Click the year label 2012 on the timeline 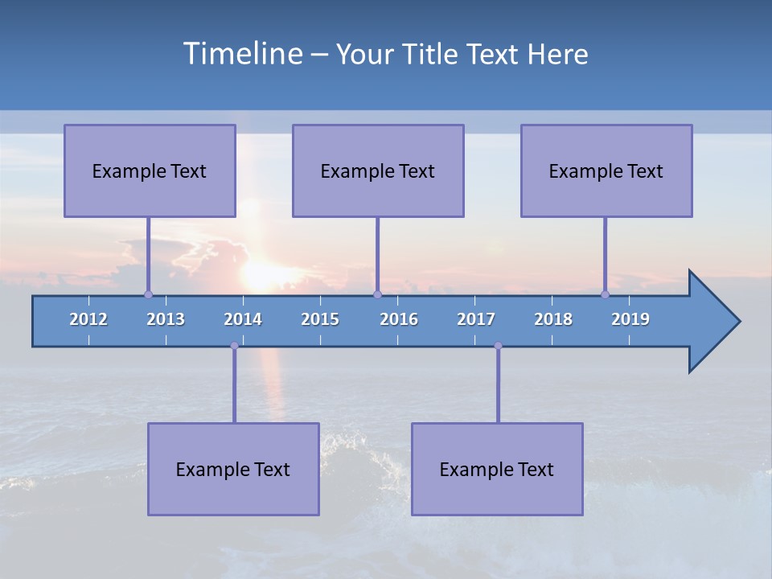click(x=88, y=319)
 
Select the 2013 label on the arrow click(x=166, y=319)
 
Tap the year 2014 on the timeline click(x=243, y=319)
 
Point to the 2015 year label click(x=320, y=319)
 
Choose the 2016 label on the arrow click(x=399, y=319)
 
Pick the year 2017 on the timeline click(x=476, y=319)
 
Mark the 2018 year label click(x=553, y=319)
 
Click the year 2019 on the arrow click(x=630, y=319)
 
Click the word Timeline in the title click(x=242, y=54)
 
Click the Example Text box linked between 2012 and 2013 click(x=150, y=170)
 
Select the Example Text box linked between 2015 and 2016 click(x=378, y=170)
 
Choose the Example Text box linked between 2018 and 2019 click(x=606, y=170)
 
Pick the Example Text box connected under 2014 click(x=233, y=469)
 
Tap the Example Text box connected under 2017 click(x=497, y=469)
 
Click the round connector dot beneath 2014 click(x=234, y=346)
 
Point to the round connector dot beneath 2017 click(x=498, y=346)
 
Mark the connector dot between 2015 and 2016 click(x=377, y=294)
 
